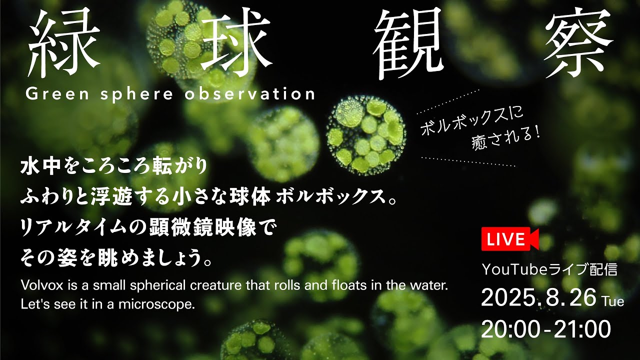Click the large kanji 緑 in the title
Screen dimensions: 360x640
pyautogui.click(x=57, y=42)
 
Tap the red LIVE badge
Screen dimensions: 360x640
pyautogui.click(x=509, y=239)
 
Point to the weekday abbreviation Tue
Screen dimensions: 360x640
pyautogui.click(x=613, y=301)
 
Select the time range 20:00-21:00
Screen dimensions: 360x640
pyautogui.click(x=546, y=329)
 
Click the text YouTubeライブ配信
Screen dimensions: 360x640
pyautogui.click(x=549, y=270)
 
